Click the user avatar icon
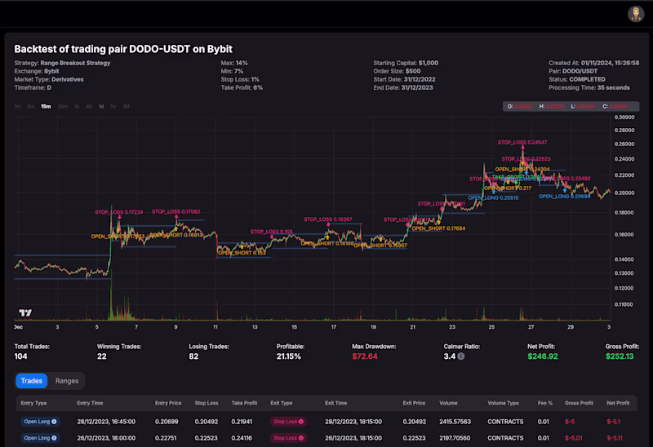point(636,14)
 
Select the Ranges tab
point(67,381)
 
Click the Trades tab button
point(31,381)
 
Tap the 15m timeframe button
point(46,106)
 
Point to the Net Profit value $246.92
point(544,356)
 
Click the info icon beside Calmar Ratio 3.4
point(461,356)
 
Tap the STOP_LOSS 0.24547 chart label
point(523,142)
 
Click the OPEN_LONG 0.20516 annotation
point(494,197)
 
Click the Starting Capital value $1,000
point(429,63)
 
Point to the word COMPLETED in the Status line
point(589,79)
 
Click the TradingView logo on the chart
point(24,313)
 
